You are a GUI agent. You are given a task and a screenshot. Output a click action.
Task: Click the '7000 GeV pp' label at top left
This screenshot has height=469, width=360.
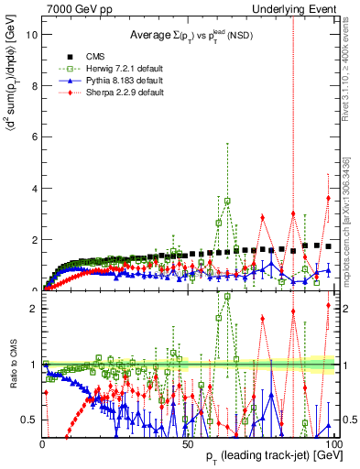(76, 8)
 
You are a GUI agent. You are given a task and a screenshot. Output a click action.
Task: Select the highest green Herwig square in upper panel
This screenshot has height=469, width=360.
(227, 201)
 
